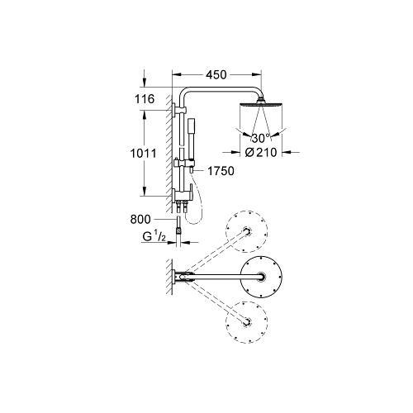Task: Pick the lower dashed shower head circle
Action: pos(248,322)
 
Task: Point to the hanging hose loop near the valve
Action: pos(198,206)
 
